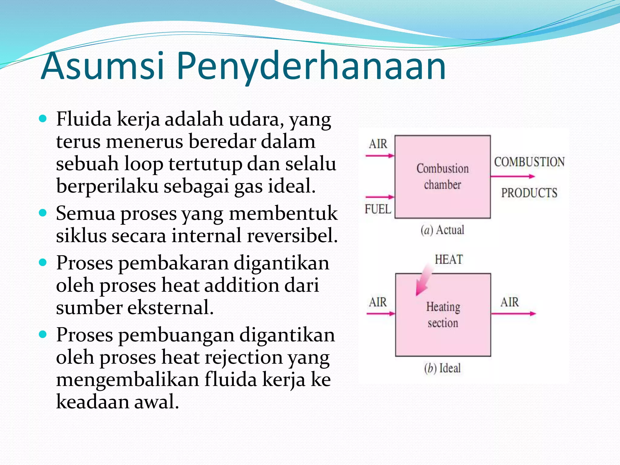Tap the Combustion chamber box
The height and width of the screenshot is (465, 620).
pyautogui.click(x=443, y=177)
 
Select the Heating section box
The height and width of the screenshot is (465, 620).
pyautogui.click(x=443, y=315)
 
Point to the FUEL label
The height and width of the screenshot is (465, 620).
pyautogui.click(x=378, y=209)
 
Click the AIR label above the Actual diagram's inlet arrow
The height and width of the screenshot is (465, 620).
pyautogui.click(x=378, y=144)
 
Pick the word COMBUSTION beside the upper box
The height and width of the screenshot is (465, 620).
pyautogui.click(x=529, y=162)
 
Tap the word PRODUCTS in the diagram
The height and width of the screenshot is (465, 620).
pyautogui.click(x=529, y=193)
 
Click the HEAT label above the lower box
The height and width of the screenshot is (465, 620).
pyautogui.click(x=449, y=260)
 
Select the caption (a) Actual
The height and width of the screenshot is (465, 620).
pyautogui.click(x=442, y=230)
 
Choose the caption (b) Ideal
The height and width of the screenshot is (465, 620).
pyautogui.click(x=442, y=368)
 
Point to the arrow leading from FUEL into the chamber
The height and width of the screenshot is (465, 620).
pyautogui.click(x=380, y=197)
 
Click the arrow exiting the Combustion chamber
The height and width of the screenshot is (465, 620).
pyautogui.click(x=513, y=176)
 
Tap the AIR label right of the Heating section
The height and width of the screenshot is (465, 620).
pyautogui.click(x=510, y=302)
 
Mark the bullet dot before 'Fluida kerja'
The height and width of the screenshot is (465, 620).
pyautogui.click(x=43, y=118)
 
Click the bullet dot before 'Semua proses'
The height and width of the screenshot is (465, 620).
pyautogui.click(x=43, y=213)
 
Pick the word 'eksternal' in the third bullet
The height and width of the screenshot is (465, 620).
pyautogui.click(x=170, y=308)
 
